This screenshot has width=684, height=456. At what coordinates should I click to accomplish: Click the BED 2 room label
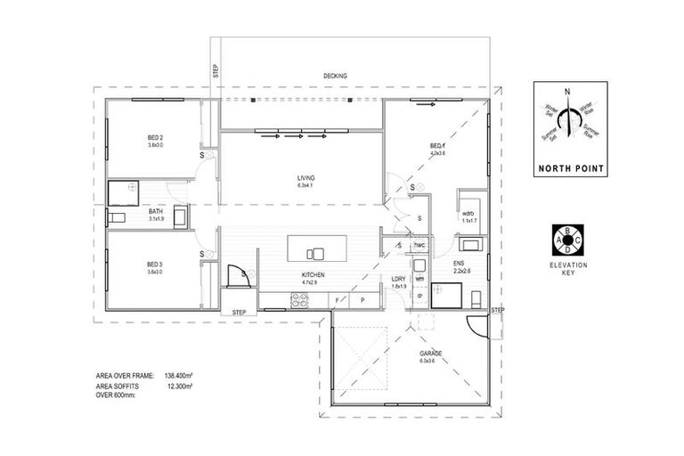tap(155, 137)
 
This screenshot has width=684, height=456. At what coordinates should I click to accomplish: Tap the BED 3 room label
tap(155, 265)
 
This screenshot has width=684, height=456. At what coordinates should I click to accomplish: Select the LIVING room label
tap(306, 178)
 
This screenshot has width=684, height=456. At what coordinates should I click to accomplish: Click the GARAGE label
tap(432, 353)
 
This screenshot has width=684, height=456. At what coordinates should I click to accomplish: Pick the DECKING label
tap(336, 76)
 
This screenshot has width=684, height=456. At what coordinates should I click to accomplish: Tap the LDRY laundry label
tap(399, 280)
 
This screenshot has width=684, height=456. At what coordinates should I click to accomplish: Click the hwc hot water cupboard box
tap(419, 245)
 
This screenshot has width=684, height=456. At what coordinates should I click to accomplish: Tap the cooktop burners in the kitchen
tap(297, 301)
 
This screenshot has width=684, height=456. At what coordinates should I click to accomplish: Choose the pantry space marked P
tap(363, 301)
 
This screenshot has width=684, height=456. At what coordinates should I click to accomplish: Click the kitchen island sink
tap(313, 251)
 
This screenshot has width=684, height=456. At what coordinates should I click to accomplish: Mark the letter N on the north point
tap(566, 91)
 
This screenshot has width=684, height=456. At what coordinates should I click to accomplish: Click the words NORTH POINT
tap(569, 167)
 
